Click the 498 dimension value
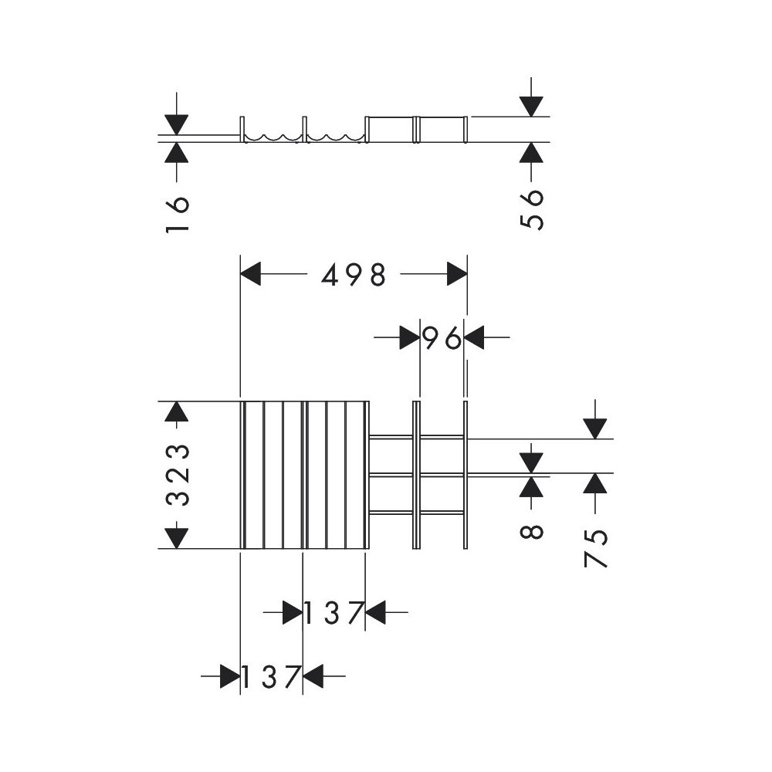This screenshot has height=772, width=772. tap(354, 275)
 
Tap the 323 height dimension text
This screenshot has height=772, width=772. tap(178, 475)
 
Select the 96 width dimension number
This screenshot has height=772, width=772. tap(442, 338)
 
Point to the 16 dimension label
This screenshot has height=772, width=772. tap(178, 214)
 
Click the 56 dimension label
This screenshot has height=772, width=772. tap(531, 209)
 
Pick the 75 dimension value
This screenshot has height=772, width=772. tap(595, 548)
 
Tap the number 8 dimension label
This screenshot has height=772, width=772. tap(531, 532)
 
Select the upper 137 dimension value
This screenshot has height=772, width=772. tap(334, 613)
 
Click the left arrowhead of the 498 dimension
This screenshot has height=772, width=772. tap(250, 274)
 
